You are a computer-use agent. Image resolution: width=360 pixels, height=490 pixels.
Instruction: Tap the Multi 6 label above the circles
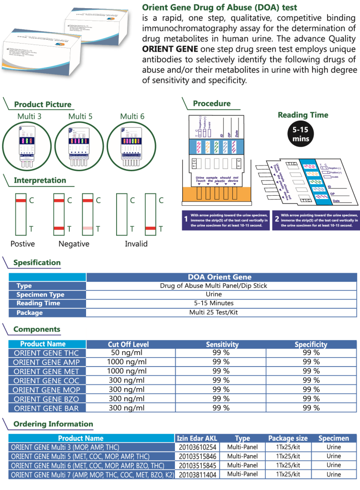(x=132, y=116)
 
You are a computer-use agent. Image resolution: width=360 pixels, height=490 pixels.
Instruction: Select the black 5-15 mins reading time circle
(x=301, y=134)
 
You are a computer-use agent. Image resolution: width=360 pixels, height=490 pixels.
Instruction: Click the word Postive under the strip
(x=22, y=244)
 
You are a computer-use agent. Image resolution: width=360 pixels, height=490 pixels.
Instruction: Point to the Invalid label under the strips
(x=136, y=244)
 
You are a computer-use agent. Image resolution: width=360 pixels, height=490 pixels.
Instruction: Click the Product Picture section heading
(x=43, y=105)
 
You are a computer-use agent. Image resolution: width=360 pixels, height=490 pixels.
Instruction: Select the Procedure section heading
(x=211, y=104)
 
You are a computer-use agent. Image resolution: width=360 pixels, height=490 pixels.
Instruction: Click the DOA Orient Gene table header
(x=219, y=277)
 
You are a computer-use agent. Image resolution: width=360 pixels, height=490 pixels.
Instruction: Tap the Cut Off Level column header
(x=128, y=344)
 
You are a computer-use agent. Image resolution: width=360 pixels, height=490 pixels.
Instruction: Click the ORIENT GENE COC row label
(x=46, y=381)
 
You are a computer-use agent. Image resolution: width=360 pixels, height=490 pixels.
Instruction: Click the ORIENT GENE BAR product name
(x=46, y=408)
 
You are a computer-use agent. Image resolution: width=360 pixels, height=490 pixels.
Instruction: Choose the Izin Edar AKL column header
(x=196, y=438)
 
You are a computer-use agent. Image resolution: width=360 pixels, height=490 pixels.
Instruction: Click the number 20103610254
(x=196, y=447)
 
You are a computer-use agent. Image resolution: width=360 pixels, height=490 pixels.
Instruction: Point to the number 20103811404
(x=196, y=474)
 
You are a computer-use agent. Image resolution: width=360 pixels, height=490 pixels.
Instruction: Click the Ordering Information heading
(x=53, y=424)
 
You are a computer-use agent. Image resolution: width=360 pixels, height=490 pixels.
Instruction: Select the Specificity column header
(x=311, y=344)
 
